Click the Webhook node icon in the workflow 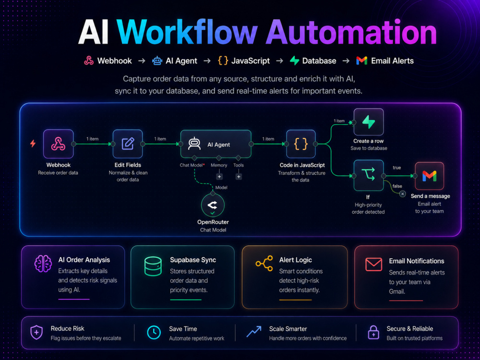point(58,144)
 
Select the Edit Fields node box point(128,144)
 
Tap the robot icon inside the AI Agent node point(194,144)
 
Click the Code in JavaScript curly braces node point(300,144)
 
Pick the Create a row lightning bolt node point(369,122)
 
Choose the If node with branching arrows point(369,175)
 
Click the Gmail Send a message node point(429,176)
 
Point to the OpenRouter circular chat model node point(213,205)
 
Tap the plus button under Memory point(219,177)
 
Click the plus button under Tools point(239,177)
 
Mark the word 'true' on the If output point(397,168)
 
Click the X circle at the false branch point(403,194)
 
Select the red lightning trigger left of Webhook point(33,143)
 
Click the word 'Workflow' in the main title point(187,33)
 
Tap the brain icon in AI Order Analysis point(43,264)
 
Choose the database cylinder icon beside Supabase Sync point(153,266)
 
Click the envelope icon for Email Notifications point(374,264)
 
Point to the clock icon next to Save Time point(154,333)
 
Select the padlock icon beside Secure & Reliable point(373,333)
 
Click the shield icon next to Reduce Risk point(36,333)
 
